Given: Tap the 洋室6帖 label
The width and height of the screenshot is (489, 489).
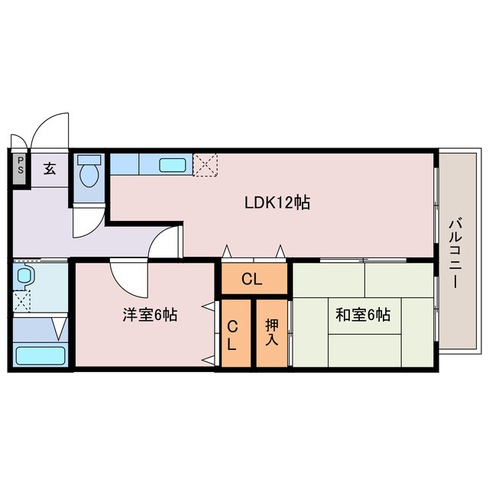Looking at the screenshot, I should [151, 314].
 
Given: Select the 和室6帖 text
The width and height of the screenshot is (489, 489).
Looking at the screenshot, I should [363, 314].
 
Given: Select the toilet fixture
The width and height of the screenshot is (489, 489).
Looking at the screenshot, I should [90, 170].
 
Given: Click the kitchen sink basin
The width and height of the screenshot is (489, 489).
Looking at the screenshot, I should [175, 164].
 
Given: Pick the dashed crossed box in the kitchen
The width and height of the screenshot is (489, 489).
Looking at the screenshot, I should [205, 164].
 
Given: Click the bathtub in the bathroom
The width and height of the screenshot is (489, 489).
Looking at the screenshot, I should [40, 356].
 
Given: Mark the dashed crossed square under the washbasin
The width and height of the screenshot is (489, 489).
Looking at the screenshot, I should [22, 300].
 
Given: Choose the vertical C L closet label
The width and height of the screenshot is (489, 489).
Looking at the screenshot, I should [233, 333].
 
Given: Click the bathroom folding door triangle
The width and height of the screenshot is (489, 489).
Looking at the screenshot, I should [59, 329].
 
